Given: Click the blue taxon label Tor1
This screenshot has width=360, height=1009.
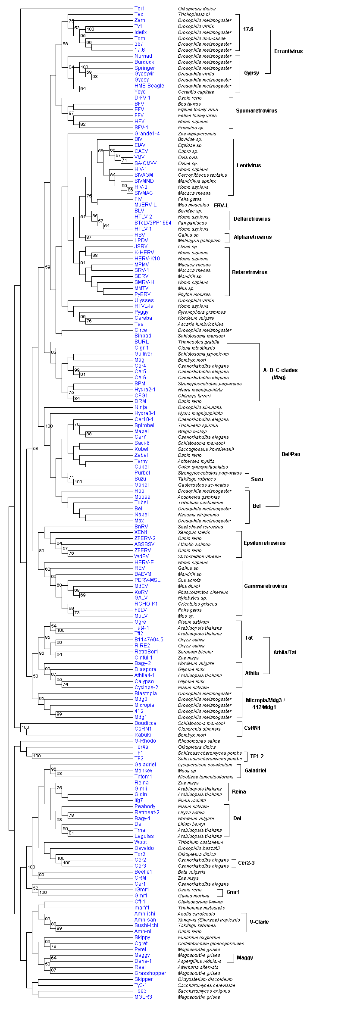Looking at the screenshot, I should pos(139,9).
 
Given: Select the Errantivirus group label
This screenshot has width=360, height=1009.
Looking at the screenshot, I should pos(288,51).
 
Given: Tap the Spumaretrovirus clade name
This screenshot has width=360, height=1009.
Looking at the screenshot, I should pos(256,111).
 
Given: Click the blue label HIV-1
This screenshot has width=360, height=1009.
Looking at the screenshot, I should pos(141,169).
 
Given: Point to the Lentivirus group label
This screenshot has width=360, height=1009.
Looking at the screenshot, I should pos(248,166).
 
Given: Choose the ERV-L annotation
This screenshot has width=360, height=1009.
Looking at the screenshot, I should pos(221,206).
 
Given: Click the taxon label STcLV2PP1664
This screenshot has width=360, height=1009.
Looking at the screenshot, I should pos(153,223).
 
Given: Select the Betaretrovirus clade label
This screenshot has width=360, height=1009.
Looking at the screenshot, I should pos(249,272).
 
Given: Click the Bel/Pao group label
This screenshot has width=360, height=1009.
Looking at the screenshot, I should pos(291,454).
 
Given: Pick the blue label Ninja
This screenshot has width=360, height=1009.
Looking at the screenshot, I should pos(141,407).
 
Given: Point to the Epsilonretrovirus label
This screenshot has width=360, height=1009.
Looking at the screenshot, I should pos(264,543).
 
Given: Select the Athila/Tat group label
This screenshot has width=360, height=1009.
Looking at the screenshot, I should pos(285,653).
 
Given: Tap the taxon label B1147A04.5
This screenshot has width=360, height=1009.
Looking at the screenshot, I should pos(149,640).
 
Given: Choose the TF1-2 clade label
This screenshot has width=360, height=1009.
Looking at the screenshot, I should pos(257,756).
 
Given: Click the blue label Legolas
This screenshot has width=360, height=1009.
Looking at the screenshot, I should pos(144,836).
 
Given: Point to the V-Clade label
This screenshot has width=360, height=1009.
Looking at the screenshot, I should pos(259,922).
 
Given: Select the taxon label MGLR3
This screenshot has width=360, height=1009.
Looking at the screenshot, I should pos(143,997).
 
